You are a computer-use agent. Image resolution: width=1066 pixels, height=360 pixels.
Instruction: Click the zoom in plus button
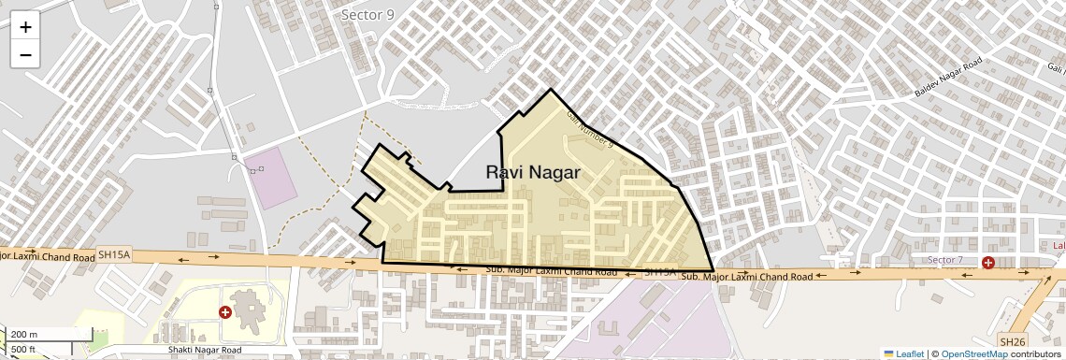pyautogui.click(x=25, y=27)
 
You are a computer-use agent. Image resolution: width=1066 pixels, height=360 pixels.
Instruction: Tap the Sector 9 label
pyautogui.click(x=367, y=14)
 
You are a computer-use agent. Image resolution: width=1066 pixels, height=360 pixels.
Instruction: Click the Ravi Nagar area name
pyautogui.click(x=533, y=172)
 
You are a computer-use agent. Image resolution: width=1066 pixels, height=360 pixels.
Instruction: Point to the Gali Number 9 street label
pyautogui.click(x=589, y=128)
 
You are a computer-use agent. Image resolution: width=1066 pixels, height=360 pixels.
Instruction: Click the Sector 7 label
pyautogui.click(x=944, y=259)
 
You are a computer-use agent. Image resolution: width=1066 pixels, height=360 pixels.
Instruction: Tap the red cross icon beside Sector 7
pyautogui.click(x=987, y=262)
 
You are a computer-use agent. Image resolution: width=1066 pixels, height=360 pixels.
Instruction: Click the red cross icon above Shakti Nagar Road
pyautogui.click(x=224, y=311)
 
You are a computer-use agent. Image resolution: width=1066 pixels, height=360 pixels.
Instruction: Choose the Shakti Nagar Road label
pyautogui.click(x=198, y=350)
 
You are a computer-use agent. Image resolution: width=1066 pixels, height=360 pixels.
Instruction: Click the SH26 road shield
pyautogui.click(x=1012, y=341)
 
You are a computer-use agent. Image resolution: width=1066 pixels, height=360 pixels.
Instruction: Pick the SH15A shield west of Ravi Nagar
pyautogui.click(x=115, y=254)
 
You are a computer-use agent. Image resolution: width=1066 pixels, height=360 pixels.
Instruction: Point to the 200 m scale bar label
pyautogui.click(x=25, y=334)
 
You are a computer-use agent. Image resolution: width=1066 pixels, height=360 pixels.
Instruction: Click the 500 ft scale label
pyautogui.click(x=24, y=350)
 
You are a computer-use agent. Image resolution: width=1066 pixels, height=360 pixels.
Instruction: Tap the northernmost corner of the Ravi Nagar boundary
pyautogui.click(x=551, y=90)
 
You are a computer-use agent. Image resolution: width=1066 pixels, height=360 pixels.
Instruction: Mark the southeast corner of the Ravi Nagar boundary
pyautogui.click(x=713, y=271)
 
